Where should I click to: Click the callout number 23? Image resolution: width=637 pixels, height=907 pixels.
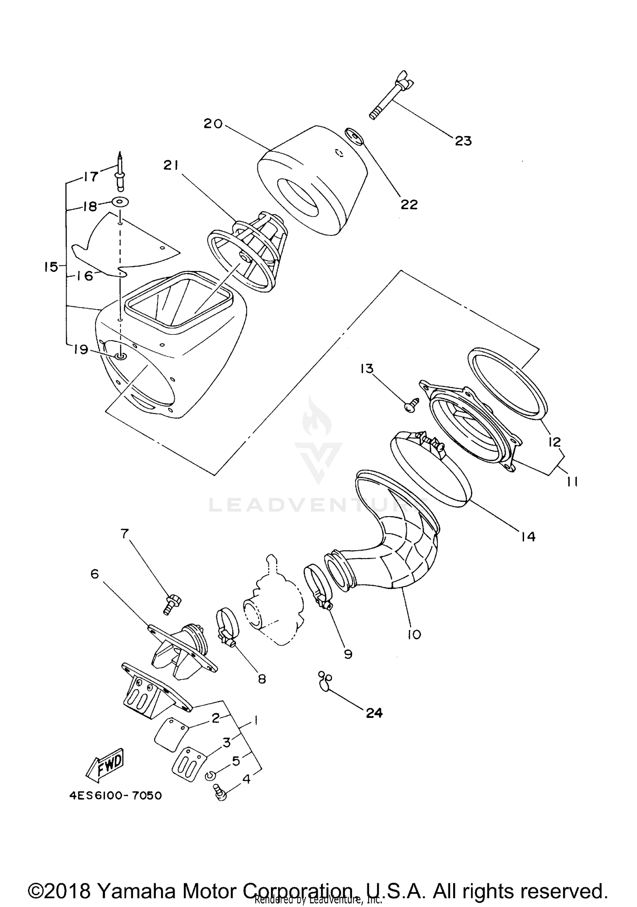tap(463, 141)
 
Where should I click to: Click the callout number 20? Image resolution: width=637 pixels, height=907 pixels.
tap(213, 124)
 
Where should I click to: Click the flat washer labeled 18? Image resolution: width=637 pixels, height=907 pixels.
tap(120, 201)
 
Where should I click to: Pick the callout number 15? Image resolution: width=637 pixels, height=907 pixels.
tap(51, 267)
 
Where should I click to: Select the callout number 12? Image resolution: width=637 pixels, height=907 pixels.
tap(554, 442)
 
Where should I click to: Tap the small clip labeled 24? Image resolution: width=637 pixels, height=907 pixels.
tap(325, 679)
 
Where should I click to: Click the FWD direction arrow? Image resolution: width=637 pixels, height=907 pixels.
tap(104, 765)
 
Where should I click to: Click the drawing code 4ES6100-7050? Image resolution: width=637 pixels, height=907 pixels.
tap(116, 795)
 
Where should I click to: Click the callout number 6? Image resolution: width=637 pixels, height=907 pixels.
tap(94, 574)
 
